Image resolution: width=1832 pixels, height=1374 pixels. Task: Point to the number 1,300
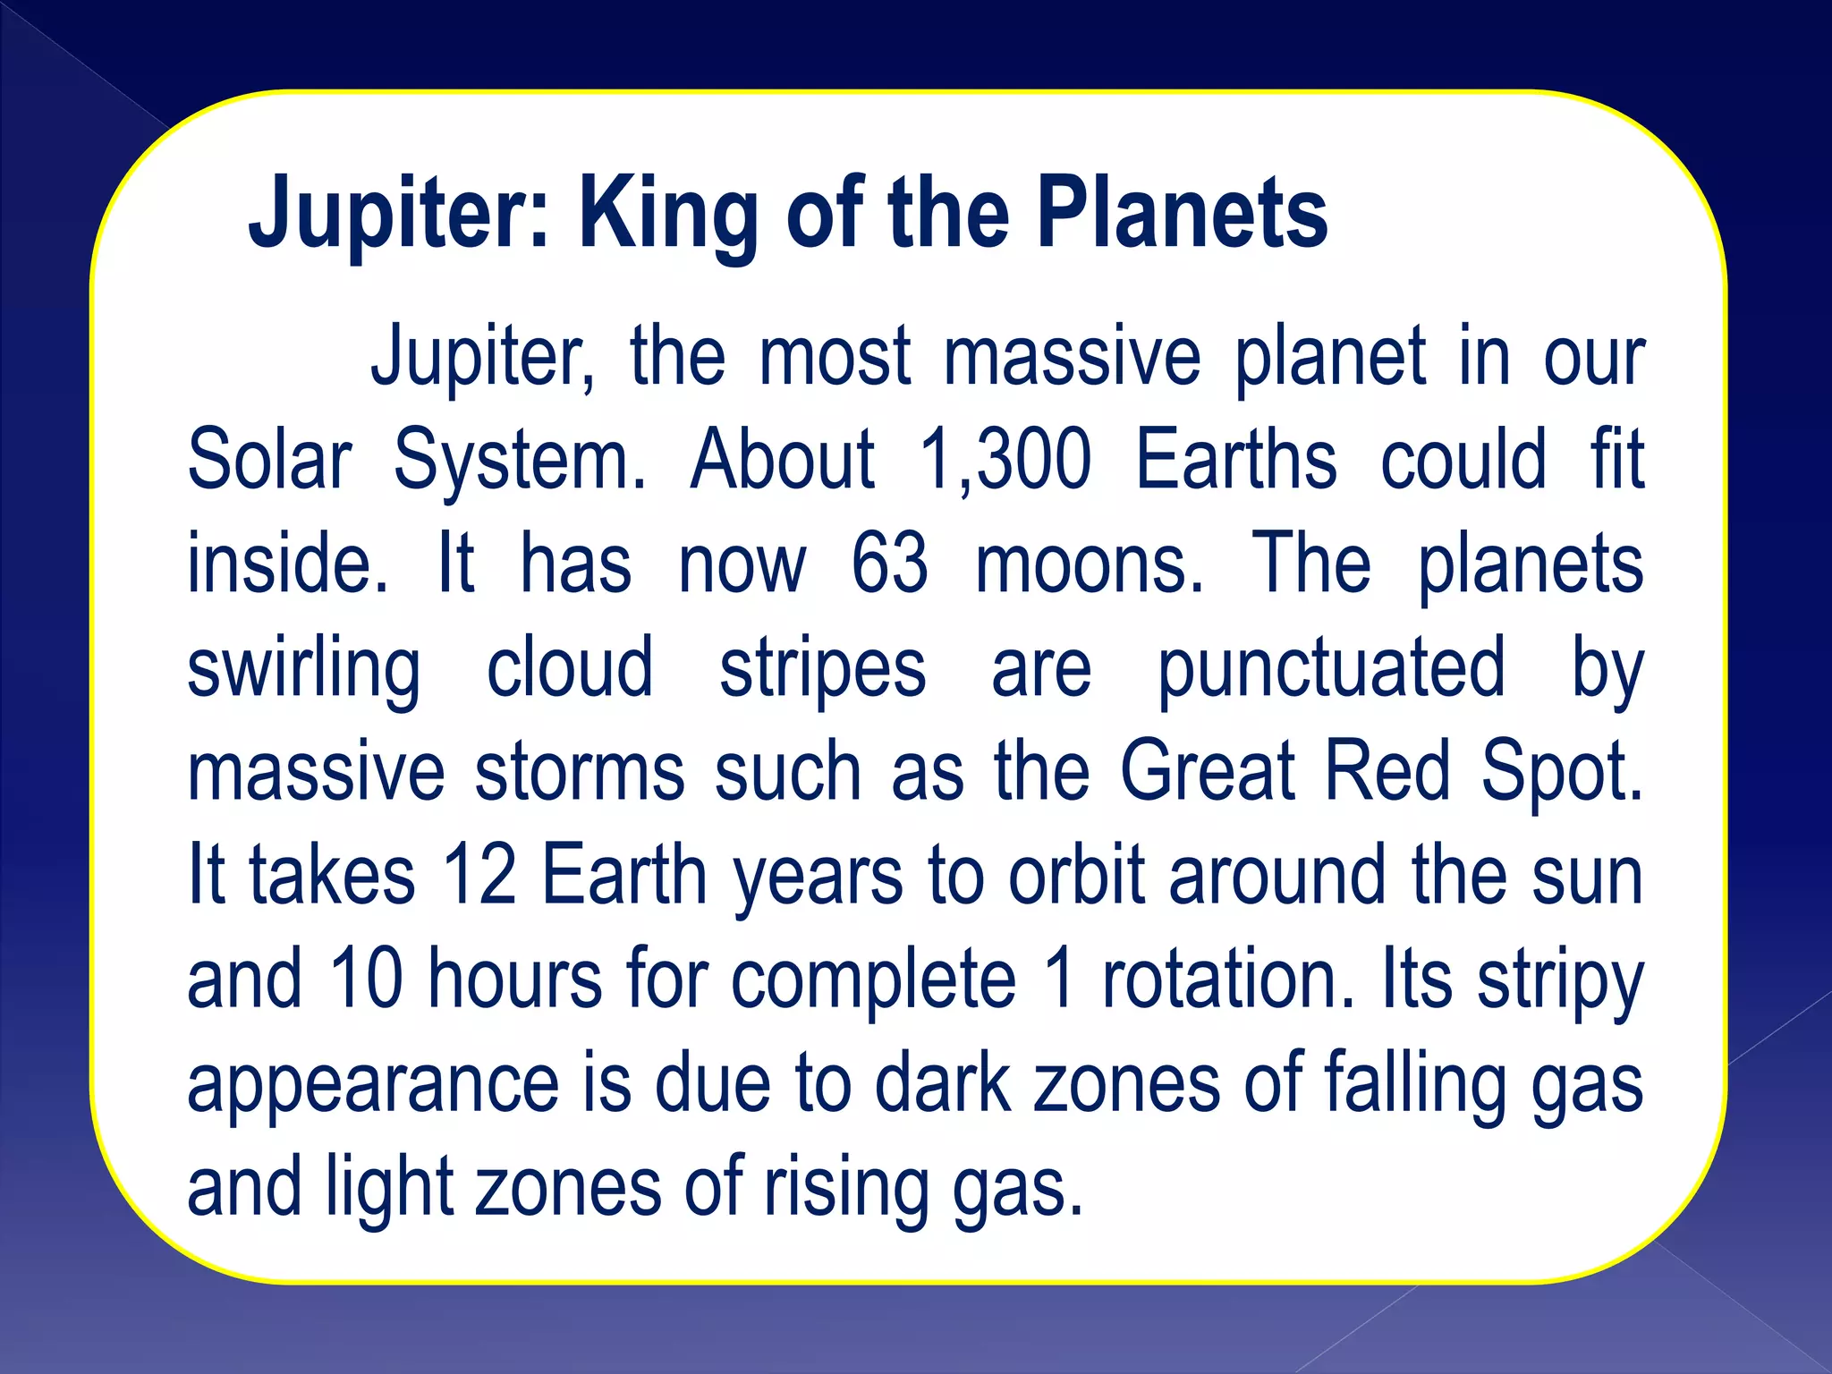(x=1005, y=460)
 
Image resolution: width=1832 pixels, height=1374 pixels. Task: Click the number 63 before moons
(x=888, y=564)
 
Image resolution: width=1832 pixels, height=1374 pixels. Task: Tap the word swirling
(x=304, y=669)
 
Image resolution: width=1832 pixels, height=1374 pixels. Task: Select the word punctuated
(x=1331, y=669)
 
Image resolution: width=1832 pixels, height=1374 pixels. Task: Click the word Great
(x=1207, y=771)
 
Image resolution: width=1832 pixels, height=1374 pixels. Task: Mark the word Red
(x=1387, y=771)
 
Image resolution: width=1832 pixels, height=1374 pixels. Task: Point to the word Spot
(x=1561, y=771)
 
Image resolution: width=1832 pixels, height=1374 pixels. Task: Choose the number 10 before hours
(x=367, y=979)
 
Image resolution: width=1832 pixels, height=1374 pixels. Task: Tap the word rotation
(x=1228, y=979)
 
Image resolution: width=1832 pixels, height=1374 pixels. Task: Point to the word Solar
(x=269, y=460)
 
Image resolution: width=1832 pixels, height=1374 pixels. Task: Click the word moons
(x=1089, y=564)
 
